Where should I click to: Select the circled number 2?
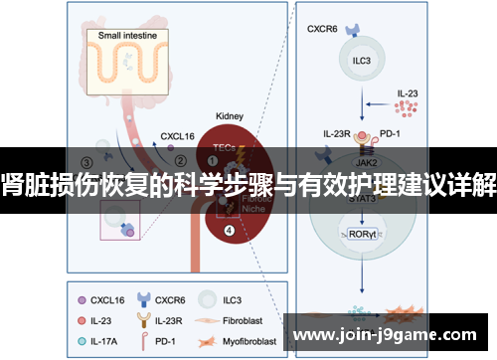(x=180, y=158)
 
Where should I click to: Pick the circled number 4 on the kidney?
(x=230, y=232)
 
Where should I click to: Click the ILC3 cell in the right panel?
(x=362, y=60)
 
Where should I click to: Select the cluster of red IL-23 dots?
(x=406, y=106)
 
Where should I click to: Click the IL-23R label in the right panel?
(x=338, y=132)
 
